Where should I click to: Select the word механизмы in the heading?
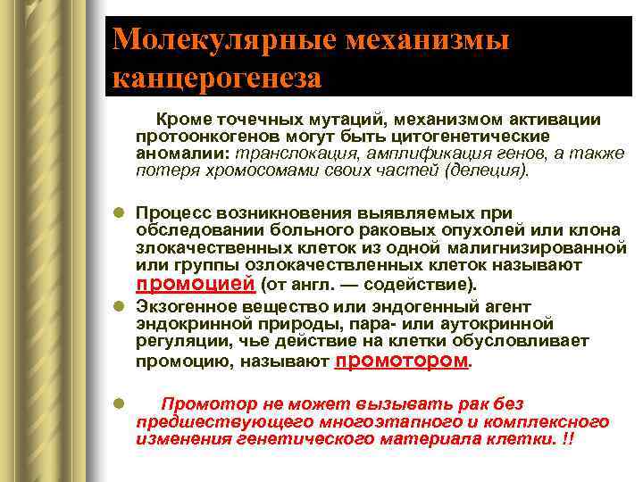click(428, 39)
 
